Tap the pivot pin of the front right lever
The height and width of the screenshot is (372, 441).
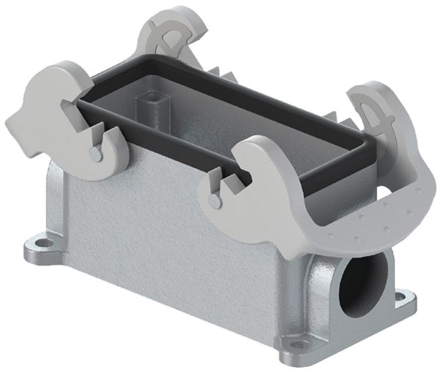coord(213,200)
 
